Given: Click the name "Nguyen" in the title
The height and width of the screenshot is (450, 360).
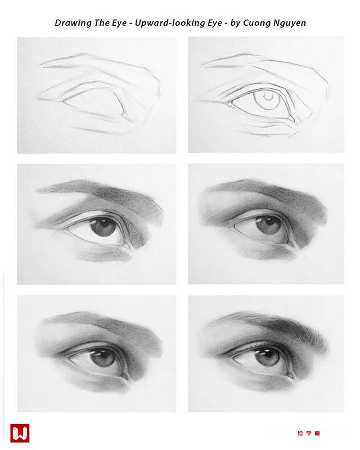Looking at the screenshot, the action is coord(289,23).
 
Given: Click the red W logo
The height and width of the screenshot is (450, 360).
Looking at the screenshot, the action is coord(20,433).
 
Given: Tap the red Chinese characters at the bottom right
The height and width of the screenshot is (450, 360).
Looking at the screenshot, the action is coord(309,433).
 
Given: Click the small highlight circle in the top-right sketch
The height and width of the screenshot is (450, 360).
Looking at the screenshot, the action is coord(268,97).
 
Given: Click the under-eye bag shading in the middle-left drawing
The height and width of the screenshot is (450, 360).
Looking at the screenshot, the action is coord(104,255).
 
